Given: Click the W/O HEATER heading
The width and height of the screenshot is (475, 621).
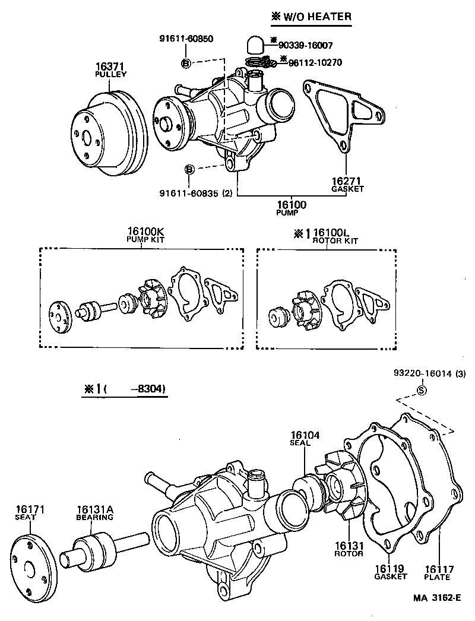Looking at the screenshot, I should coord(316,17).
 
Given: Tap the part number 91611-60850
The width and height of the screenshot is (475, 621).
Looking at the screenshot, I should coord(186,39).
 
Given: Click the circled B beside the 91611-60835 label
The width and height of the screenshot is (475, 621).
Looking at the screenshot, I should coord(189,170).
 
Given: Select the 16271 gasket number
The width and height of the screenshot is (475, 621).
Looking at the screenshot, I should coord(347,180).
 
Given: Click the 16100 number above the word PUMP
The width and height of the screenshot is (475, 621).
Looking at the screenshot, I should coord(291,205).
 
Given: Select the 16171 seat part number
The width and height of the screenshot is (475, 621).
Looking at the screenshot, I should coord(30,509).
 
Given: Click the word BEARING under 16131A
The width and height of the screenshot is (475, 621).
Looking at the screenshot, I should coord(94,517).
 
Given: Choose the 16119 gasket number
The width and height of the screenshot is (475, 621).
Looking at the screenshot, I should coord(390,569).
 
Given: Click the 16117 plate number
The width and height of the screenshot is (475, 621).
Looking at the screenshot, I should coord(438,569).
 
